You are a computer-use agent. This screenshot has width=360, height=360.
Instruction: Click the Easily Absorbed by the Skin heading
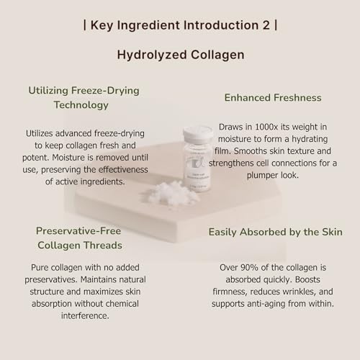tap(276, 232)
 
